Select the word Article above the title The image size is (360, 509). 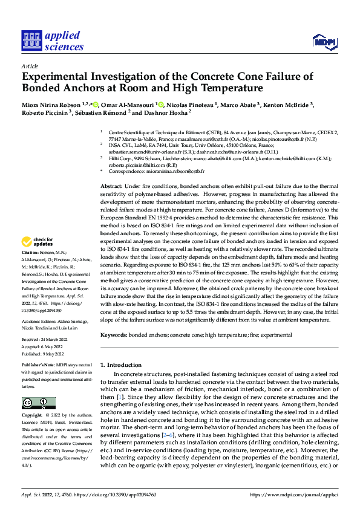(30, 66)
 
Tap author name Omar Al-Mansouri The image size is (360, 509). (126, 105)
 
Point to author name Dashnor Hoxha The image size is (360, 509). (168, 112)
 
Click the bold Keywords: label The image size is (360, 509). (114, 334)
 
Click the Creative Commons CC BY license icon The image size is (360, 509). (39, 403)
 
